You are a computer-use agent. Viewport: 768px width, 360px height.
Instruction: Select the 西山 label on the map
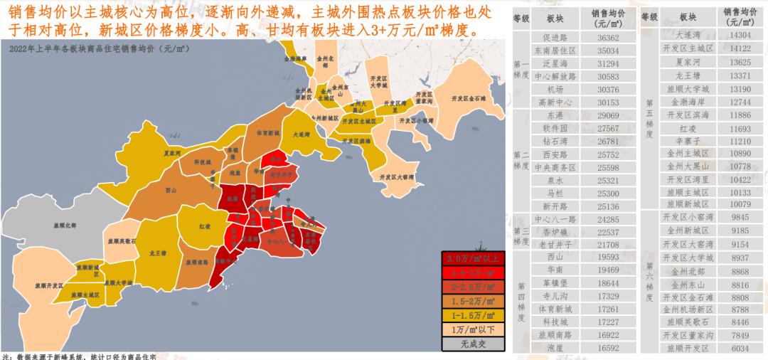coord(170,190)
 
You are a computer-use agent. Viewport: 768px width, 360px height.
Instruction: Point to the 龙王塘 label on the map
coord(157,252)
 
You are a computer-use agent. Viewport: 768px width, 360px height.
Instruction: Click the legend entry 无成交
coord(473,344)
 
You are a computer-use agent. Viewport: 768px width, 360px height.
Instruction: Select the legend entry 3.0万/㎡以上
coord(473,258)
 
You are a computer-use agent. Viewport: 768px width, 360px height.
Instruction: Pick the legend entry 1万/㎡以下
coord(473,329)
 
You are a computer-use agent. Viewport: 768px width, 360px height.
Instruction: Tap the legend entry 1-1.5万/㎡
coord(473,315)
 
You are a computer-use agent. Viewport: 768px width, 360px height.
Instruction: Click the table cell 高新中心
coord(555,102)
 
